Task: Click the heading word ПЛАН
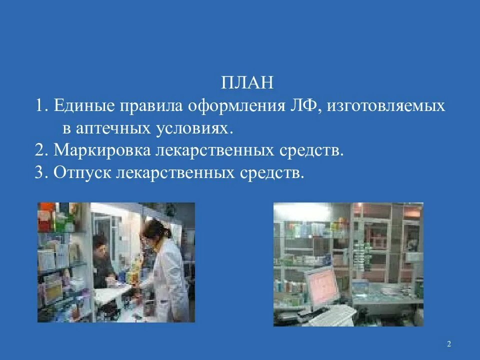(247, 82)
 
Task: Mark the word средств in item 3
(272, 173)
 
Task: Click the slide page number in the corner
(448, 343)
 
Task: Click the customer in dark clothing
(103, 262)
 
